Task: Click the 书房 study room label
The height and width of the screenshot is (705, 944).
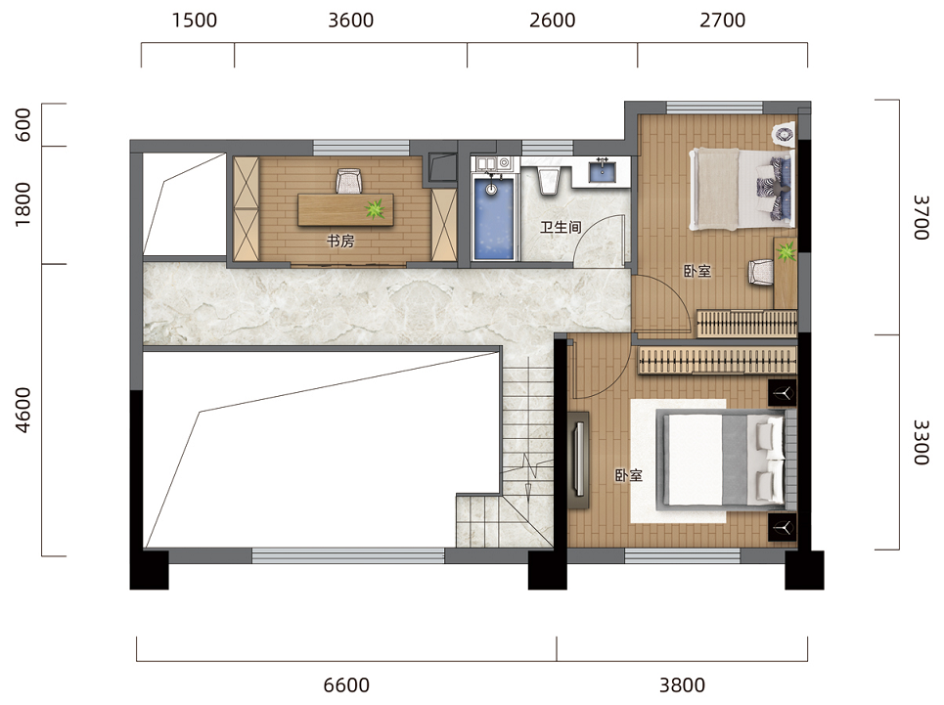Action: point(340,242)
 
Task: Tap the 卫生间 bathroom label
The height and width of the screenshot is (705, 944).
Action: point(561,228)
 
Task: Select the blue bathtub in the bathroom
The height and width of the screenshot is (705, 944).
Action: point(494,218)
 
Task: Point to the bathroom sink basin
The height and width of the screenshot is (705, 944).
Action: point(602,171)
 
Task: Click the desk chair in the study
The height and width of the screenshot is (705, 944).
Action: point(348,181)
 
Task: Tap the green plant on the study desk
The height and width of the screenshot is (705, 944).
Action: point(375,208)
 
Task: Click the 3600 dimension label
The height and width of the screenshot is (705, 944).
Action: point(350,21)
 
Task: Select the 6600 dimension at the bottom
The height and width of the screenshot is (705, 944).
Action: point(346,684)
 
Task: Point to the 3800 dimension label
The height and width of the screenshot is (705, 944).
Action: point(682,684)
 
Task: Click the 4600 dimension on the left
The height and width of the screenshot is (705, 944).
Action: point(22,411)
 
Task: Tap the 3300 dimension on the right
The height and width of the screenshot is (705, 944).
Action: point(922,442)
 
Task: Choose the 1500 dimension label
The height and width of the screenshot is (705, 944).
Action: point(194,21)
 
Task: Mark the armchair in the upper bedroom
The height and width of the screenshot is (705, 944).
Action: point(761,271)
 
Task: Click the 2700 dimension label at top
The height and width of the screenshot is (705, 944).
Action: point(723,21)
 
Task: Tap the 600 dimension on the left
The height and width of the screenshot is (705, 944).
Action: point(22,124)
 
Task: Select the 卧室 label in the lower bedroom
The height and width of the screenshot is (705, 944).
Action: point(629,476)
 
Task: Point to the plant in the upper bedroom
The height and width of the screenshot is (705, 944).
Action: point(786,251)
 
